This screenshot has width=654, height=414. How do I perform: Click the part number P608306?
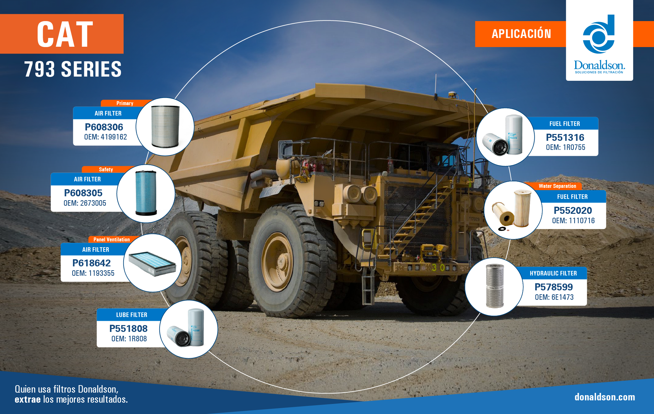[x=104, y=127]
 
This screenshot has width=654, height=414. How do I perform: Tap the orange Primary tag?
[x=125, y=103]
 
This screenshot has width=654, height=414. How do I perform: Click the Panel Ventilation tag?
[x=112, y=239]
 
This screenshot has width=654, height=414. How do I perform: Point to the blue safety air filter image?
[x=146, y=193]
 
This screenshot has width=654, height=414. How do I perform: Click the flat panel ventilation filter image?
[x=152, y=263]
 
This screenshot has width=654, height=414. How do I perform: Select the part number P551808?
[x=128, y=328]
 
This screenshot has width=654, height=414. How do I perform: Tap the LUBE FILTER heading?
[x=132, y=315]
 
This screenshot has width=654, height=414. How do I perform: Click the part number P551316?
[x=565, y=137]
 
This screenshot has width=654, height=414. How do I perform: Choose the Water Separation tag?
[x=557, y=186]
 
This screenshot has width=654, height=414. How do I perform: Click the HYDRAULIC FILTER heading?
[x=553, y=273]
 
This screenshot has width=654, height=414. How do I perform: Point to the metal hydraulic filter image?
[x=495, y=286]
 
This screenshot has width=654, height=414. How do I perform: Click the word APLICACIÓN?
[x=521, y=33]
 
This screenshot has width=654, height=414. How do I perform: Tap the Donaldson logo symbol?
[x=599, y=34]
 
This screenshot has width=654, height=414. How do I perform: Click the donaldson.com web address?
[x=605, y=397]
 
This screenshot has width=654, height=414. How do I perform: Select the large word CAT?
[x=65, y=34]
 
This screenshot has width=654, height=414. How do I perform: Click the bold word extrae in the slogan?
[x=28, y=399]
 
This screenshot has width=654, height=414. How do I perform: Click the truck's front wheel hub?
[x=278, y=262]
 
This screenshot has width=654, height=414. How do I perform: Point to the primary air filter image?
[x=165, y=127]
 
